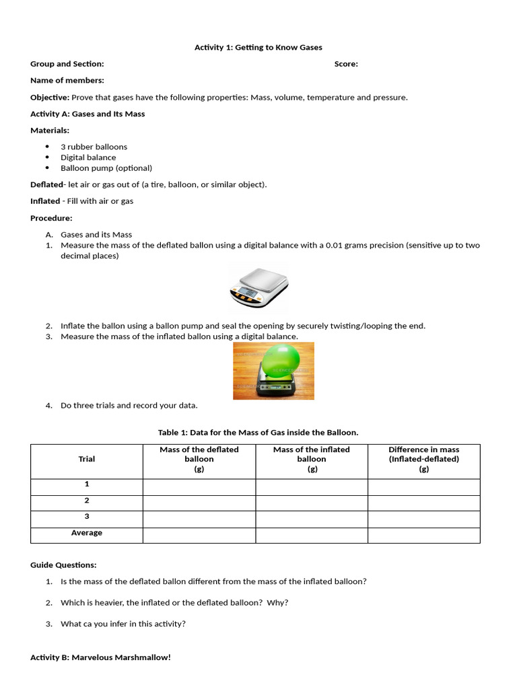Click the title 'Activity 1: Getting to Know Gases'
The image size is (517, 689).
[x=258, y=47]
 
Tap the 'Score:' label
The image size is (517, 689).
[x=346, y=64]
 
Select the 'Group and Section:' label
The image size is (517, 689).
[x=67, y=64]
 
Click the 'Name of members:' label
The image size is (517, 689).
[x=67, y=81]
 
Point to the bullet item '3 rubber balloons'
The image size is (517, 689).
[x=94, y=147]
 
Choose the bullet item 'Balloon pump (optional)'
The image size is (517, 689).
[x=106, y=168]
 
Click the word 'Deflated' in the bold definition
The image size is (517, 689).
[x=46, y=184]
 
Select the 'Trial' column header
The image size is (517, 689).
[x=87, y=459]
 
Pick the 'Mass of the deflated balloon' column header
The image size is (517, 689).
[x=199, y=459]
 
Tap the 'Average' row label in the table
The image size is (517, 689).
[x=87, y=533]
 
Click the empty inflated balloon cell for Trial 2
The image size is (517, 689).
[x=312, y=502]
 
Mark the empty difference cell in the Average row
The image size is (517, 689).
[x=423, y=535]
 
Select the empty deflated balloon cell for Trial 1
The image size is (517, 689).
[x=199, y=486]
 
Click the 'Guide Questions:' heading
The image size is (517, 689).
[x=63, y=565]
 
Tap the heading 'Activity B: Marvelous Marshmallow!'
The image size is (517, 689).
[x=100, y=657]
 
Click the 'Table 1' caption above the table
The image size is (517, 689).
[x=258, y=432]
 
